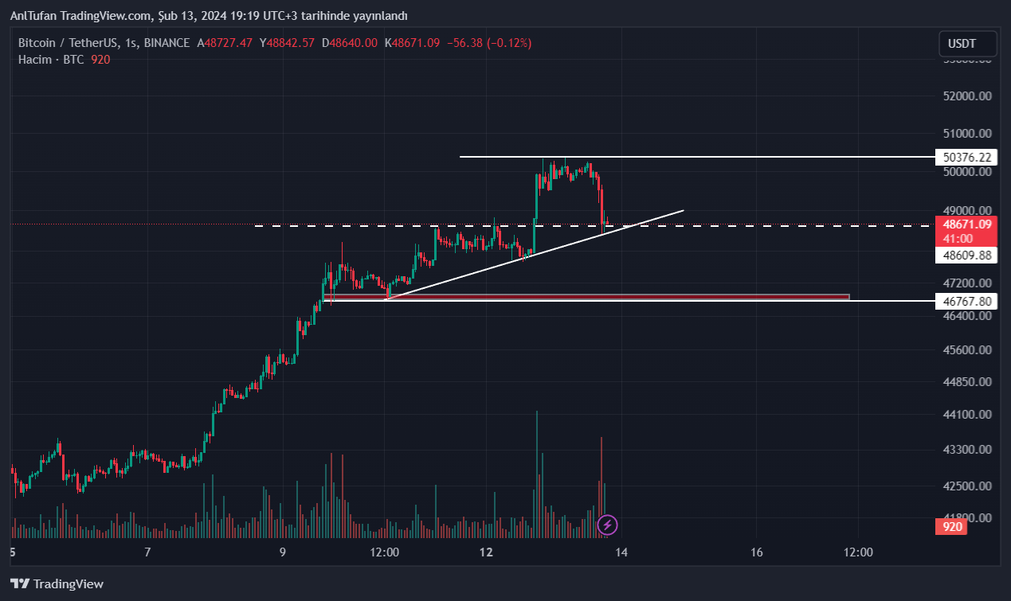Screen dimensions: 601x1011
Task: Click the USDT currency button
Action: (967, 44)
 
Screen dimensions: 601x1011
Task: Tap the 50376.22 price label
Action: (966, 158)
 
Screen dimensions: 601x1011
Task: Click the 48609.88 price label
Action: (966, 256)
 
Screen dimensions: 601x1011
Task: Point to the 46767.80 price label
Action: (966, 301)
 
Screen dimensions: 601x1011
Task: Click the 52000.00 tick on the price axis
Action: (966, 96)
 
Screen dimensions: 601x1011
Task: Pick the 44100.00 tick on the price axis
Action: (966, 414)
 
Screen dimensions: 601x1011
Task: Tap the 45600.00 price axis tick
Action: (966, 349)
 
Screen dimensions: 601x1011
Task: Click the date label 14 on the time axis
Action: (621, 552)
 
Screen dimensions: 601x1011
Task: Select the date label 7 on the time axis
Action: (147, 552)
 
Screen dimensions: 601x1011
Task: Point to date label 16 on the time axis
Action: (757, 552)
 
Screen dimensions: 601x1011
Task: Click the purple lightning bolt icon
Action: (607, 525)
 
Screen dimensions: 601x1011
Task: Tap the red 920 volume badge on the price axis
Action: (952, 526)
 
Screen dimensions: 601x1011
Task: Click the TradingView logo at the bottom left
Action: (57, 583)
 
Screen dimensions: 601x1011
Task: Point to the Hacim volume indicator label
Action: (34, 60)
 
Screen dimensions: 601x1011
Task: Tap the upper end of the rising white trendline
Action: (683, 211)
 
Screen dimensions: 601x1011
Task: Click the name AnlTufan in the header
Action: (34, 16)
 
